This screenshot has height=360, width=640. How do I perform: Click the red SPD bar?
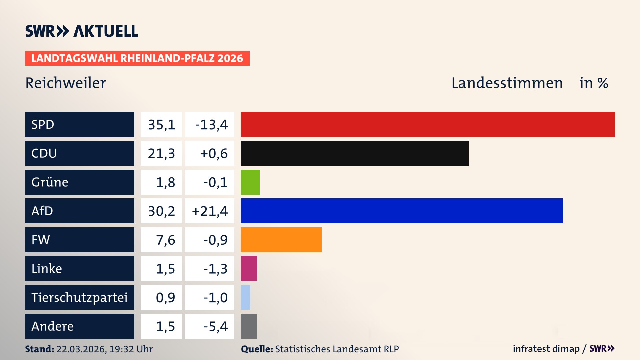coord(428,124)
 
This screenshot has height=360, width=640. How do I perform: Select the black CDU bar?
coord(354,153)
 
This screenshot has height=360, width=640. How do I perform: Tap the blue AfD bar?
coord(402,211)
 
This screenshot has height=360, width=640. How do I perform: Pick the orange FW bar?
coord(281,240)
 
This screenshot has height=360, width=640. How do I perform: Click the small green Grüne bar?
coord(250,182)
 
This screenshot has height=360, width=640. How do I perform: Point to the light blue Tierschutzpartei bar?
coord(245,297)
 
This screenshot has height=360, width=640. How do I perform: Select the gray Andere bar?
coord(249,326)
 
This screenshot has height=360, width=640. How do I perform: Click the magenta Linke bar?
coord(249,268)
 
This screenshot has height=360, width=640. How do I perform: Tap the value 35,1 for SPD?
coord(161,125)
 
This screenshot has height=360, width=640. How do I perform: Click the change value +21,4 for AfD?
coord(210,211)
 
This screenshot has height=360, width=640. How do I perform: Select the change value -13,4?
coord(211,125)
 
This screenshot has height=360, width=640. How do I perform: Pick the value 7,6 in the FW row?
coord(165,240)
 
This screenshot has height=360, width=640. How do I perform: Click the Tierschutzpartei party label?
coord(79,297)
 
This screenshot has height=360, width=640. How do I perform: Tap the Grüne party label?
coord(50,182)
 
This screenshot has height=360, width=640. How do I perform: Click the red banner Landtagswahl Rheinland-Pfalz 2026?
coord(137,58)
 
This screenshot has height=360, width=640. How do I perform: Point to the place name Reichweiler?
coord(66,83)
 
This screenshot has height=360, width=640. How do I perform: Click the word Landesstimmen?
coord(507,83)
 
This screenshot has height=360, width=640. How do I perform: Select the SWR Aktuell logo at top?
coord(82,31)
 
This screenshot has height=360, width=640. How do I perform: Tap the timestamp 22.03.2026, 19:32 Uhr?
coord(104,349)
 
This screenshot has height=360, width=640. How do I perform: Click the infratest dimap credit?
coord(546,349)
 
